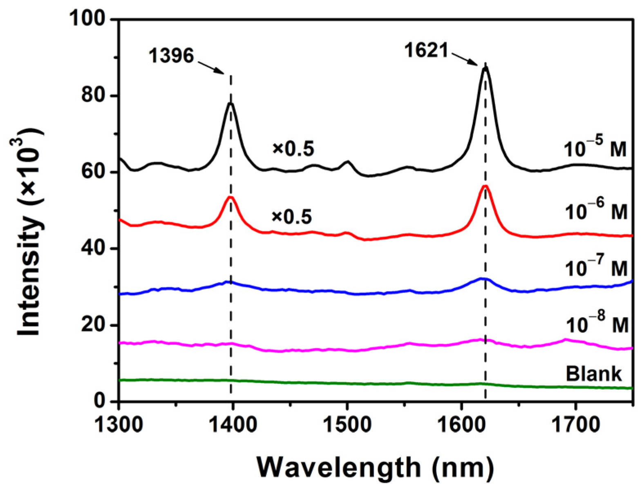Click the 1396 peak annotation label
coord(171,56)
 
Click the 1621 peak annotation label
coord(427,51)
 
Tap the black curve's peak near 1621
coord(485,67)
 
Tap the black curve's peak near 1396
coord(231,103)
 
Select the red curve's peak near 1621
coord(485,186)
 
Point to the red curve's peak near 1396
coord(230,197)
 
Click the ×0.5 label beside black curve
coord(293,149)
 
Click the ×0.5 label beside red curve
coord(292,217)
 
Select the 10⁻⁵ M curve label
coord(595,150)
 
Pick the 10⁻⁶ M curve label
coord(596,212)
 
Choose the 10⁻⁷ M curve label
coord(596,269)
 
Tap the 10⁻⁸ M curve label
coord(597,325)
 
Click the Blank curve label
coord(593,374)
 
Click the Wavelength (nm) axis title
coord(375,467)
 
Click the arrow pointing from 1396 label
coord(211,67)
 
